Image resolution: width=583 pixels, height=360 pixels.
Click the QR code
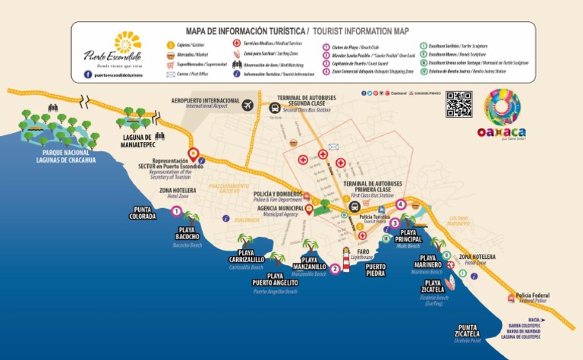[x=459, y=105]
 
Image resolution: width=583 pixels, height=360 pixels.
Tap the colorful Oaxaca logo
[x=503, y=112]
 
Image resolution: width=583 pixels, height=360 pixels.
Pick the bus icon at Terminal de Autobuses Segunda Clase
[x=277, y=106]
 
